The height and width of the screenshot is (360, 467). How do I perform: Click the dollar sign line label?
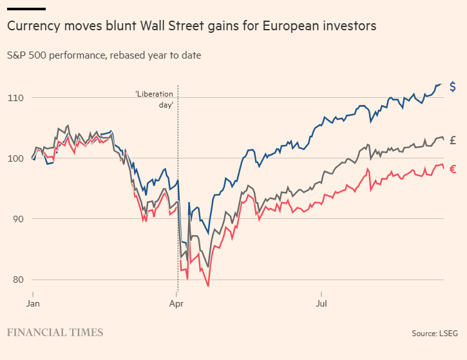[x=453, y=87]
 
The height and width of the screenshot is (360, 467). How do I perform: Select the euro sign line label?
[x=453, y=169]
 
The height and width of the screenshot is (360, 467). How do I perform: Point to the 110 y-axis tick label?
[x=15, y=98]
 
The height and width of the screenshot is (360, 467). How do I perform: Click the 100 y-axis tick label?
[x=15, y=158]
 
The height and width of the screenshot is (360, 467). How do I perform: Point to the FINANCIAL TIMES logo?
[x=55, y=332]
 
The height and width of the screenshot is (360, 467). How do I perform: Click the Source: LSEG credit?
[x=435, y=334]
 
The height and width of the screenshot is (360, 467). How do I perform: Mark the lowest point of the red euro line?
[x=208, y=286]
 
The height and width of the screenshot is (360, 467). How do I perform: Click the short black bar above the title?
[x=26, y=8]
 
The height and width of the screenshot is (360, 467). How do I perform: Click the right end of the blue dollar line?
[x=441, y=84]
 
